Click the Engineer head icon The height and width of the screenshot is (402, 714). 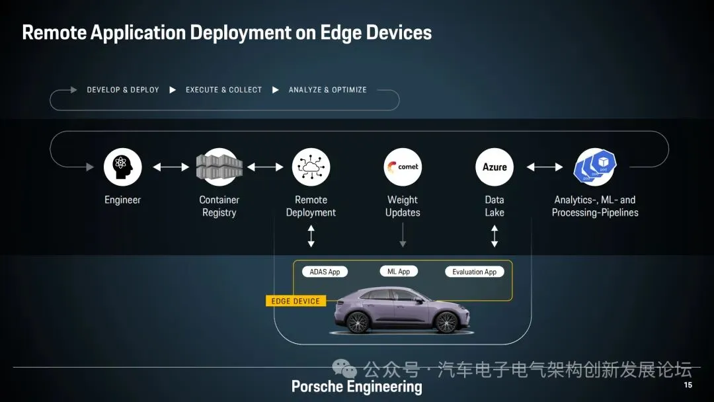122,167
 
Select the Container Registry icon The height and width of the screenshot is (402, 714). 219,167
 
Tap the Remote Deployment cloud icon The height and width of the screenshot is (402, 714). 311,167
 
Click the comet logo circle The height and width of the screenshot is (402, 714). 403,167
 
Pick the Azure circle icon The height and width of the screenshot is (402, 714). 495,167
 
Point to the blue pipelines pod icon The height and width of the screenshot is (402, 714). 595,167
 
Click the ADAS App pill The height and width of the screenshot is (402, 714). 325,272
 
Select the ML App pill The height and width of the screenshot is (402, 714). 399,271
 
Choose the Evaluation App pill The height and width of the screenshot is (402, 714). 474,272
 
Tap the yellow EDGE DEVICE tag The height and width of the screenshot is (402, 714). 296,301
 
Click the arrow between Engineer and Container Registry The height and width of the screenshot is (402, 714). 171,167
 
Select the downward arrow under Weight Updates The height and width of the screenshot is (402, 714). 403,235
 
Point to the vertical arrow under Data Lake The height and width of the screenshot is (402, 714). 495,236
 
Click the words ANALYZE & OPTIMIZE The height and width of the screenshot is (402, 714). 327,90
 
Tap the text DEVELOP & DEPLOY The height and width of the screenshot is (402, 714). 123,90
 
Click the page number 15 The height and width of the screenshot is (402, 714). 688,385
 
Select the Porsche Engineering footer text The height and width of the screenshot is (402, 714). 356,387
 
